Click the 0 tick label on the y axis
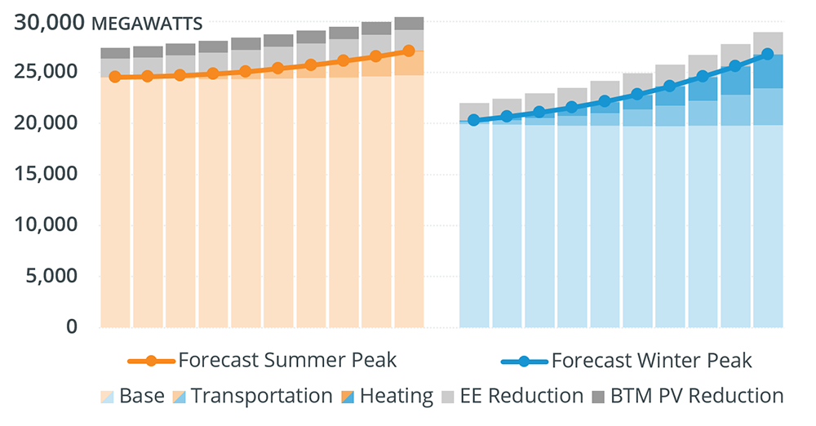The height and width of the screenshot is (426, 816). (x=73, y=327)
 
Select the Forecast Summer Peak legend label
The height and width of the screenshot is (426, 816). (x=287, y=360)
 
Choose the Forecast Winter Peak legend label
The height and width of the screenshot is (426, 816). (x=651, y=360)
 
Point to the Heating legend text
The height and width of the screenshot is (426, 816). (x=397, y=397)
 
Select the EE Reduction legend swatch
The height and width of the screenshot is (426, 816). (x=446, y=397)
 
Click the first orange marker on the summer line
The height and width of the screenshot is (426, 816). (x=114, y=77)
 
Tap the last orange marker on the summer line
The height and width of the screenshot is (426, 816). (x=408, y=51)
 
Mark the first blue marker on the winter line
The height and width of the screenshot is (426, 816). (x=473, y=120)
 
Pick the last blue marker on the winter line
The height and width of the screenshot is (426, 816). (x=767, y=54)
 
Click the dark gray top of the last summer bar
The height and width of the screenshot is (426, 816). (x=408, y=23)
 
